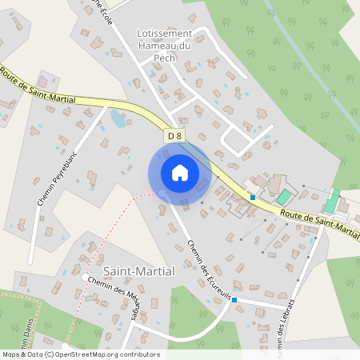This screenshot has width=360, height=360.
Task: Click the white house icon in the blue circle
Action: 179,172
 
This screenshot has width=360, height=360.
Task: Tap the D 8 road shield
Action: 174,136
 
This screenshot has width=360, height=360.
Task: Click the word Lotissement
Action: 165,34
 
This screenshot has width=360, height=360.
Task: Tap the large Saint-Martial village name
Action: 138,271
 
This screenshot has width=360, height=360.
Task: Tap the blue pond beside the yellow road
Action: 118,119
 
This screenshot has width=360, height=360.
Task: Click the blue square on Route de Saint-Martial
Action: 253,197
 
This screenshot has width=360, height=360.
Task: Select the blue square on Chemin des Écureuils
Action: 235,301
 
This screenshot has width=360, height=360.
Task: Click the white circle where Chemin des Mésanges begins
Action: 86,277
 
